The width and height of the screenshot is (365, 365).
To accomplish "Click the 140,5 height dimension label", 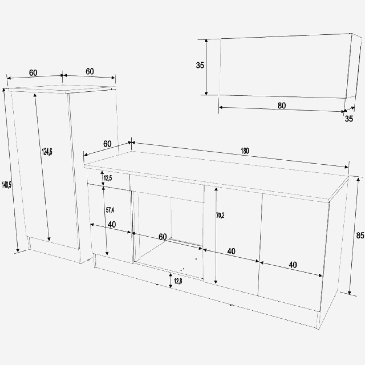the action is (x=7, y=185).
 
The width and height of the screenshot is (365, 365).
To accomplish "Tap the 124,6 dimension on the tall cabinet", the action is (x=47, y=152).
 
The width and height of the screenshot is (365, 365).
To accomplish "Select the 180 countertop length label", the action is (x=245, y=151).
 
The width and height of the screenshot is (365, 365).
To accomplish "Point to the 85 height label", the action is (x=360, y=235).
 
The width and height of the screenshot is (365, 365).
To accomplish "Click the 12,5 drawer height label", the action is (x=108, y=178).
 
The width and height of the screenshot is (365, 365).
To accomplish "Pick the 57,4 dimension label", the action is (x=110, y=210).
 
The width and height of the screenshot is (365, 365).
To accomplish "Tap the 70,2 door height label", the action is (x=220, y=215).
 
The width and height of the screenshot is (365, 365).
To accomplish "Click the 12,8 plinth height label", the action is (x=178, y=281).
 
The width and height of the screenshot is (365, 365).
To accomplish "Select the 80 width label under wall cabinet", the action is (x=282, y=106).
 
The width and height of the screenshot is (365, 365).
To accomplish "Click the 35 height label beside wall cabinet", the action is (x=200, y=65).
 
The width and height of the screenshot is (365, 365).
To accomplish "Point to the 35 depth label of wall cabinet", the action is (x=349, y=119).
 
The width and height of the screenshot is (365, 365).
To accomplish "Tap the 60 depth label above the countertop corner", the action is (x=107, y=144).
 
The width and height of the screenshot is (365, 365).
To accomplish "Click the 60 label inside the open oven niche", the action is (x=162, y=237).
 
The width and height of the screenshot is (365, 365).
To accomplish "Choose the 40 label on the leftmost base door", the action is (x=112, y=224).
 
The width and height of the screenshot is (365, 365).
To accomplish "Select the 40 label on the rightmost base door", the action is (x=293, y=265).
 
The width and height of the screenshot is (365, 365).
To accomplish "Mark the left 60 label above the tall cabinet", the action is (x=33, y=73).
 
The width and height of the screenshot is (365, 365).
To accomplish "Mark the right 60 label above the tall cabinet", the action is (x=90, y=71).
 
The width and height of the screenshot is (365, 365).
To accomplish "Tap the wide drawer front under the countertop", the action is (x=167, y=189).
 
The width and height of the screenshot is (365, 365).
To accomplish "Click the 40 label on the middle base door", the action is (x=231, y=251).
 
